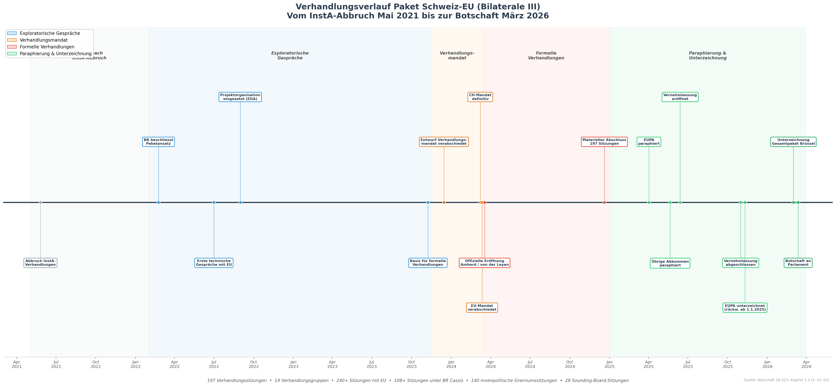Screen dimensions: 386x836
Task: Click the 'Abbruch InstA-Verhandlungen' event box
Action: tap(40, 263)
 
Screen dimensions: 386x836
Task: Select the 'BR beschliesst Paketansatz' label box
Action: tap(158, 142)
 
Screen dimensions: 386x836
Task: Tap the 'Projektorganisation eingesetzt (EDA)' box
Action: tap(240, 97)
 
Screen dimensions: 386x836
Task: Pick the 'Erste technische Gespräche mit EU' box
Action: tap(214, 263)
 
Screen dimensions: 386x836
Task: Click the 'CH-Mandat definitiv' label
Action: tap(480, 97)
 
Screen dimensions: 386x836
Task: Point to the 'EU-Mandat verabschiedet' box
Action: tap(482, 308)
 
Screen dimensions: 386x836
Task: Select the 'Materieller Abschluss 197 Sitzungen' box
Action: tap(604, 142)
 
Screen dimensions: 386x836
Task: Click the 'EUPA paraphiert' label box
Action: tap(649, 142)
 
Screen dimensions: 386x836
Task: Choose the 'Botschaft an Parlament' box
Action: tap(798, 263)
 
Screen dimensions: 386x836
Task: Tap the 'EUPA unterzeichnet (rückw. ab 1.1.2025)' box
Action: tap(745, 308)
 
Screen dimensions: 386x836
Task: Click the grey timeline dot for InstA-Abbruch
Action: tap(40, 202)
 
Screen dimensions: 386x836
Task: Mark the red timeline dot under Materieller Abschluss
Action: tap(604, 202)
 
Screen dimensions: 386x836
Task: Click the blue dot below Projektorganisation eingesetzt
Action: tap(240, 202)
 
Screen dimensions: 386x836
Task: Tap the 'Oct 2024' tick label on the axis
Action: tap(570, 364)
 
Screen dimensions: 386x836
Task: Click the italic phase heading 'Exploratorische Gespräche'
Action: tap(290, 56)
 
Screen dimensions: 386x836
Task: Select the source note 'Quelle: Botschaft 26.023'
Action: tap(786, 380)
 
